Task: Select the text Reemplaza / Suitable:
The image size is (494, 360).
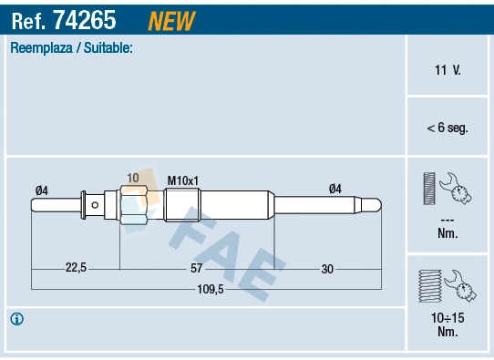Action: coord(71,47)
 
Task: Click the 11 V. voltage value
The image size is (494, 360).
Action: coord(447,69)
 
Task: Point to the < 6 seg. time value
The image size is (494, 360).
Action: coord(447,128)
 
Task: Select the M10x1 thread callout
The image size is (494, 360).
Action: coord(183,180)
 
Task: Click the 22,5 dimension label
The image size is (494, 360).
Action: coord(76,267)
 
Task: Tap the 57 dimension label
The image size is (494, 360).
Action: coord(197,267)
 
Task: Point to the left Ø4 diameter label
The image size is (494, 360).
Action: coord(41,190)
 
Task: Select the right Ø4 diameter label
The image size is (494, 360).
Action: coord(334,189)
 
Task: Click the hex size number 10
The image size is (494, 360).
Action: coord(133,178)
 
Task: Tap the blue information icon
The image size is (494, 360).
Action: coord(16,319)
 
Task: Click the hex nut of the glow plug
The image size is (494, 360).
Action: coord(133,206)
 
